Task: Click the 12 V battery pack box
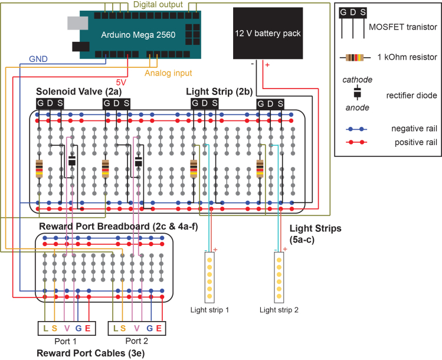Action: (268, 33)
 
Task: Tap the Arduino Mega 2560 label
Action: (138, 35)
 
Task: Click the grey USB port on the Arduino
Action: (77, 23)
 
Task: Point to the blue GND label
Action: (38, 59)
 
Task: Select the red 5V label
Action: (121, 82)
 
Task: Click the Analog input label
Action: (168, 73)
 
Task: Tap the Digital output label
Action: (158, 5)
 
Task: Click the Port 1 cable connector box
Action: (67, 328)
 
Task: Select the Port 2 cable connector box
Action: (137, 328)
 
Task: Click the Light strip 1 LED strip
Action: (209, 277)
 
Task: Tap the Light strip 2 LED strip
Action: (279, 277)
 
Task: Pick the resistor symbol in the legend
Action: (355, 58)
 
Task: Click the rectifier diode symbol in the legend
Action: (357, 93)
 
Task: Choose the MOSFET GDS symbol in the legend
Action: (353, 24)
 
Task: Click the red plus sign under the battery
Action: (267, 65)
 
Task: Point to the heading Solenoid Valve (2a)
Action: (79, 91)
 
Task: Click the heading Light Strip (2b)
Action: (220, 91)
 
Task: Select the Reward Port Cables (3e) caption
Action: (90, 354)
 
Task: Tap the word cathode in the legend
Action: (357, 80)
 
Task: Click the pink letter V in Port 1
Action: (67, 328)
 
